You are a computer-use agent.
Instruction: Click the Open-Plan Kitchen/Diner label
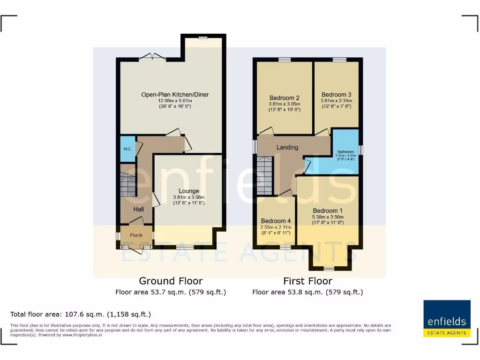[175, 95]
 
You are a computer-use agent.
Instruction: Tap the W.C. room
[127, 149]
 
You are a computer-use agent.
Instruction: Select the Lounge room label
[188, 191]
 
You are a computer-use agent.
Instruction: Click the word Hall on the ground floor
[138, 209]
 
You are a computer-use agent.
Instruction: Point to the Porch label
[136, 235]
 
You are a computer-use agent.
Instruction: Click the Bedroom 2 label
[284, 98]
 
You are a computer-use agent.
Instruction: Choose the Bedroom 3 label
[336, 95]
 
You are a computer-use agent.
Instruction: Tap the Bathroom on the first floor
[346, 152]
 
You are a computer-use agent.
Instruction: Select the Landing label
[287, 147]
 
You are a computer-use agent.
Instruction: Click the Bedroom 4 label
[276, 221]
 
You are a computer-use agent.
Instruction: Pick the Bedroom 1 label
[328, 210]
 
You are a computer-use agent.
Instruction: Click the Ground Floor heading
[171, 281]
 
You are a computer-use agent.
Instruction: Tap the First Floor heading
[307, 281]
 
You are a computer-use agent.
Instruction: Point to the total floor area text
[81, 314]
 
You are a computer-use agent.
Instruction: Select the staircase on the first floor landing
[264, 175]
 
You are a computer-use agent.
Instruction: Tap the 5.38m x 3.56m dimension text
[328, 217]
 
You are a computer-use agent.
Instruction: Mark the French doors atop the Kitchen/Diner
[152, 57]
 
